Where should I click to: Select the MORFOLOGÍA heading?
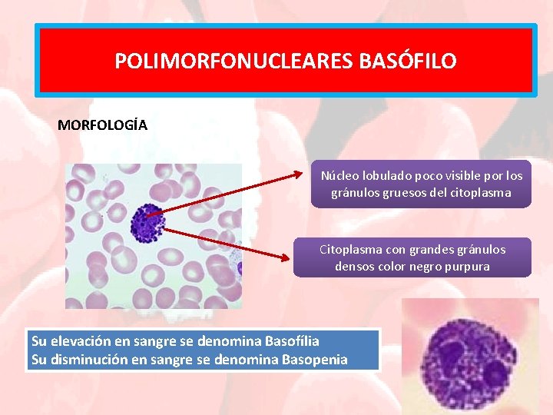tap(102, 124)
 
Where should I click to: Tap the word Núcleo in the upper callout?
tap(339, 175)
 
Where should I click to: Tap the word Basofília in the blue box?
tap(291, 340)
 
